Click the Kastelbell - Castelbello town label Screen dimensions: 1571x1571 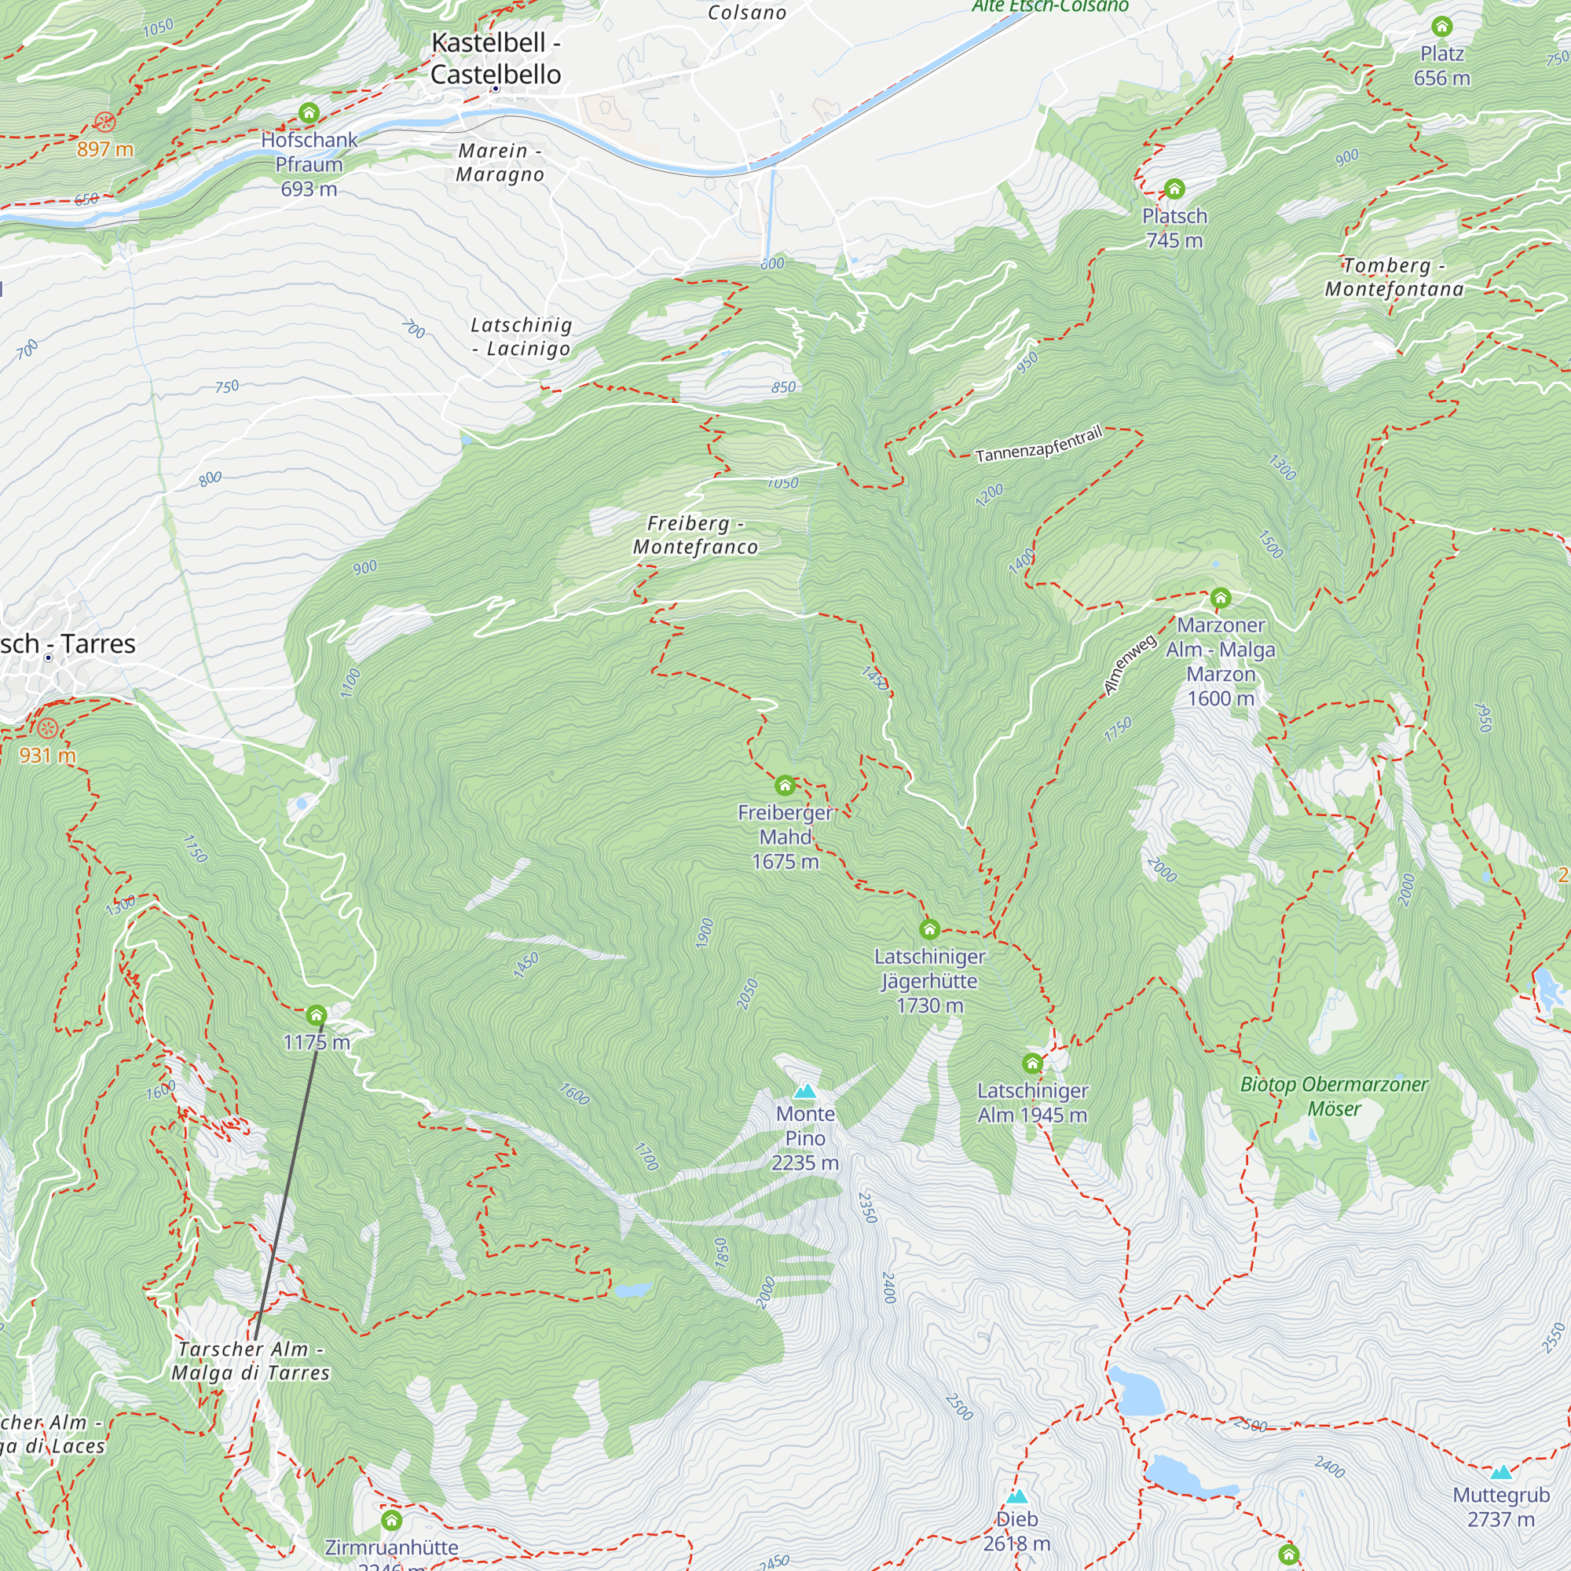point(495,59)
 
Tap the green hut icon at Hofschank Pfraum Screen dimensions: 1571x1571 point(309,112)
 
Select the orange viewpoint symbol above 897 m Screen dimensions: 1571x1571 point(105,123)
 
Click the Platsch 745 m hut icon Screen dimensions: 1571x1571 point(1174,189)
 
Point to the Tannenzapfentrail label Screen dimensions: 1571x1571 point(1038,445)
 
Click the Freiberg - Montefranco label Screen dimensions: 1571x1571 point(695,535)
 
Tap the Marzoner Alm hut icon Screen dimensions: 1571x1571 point(1221,599)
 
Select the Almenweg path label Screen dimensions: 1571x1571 point(1130,665)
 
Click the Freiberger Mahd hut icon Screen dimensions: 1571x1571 point(785,785)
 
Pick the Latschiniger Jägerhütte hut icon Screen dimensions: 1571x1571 point(929,928)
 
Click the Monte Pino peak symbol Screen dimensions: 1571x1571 point(805,1091)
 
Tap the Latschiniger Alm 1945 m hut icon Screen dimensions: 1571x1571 point(1032,1063)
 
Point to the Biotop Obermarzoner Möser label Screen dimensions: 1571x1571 point(1334,1096)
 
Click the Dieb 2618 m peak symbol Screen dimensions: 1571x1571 point(1016,1497)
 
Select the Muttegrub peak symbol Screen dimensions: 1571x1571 point(1501,1473)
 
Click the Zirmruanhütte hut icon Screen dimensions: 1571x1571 point(392,1520)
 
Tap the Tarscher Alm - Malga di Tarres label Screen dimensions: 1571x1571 point(251,1361)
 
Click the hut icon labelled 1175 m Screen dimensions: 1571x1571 point(317,1015)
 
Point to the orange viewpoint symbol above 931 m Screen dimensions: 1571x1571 point(47,728)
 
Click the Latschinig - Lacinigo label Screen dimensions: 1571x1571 point(522,337)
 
